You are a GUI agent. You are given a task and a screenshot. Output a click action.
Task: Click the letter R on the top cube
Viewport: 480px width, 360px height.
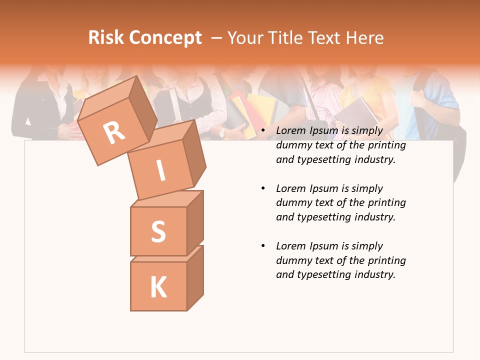click(114, 133)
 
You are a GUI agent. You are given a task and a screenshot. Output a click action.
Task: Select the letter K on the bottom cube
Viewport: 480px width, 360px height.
click(158, 287)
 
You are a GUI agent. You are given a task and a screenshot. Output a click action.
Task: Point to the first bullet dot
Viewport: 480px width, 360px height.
click(263, 131)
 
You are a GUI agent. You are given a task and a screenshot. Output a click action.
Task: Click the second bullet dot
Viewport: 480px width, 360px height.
click(263, 188)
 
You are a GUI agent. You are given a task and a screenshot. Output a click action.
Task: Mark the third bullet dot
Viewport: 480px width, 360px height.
click(263, 246)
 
